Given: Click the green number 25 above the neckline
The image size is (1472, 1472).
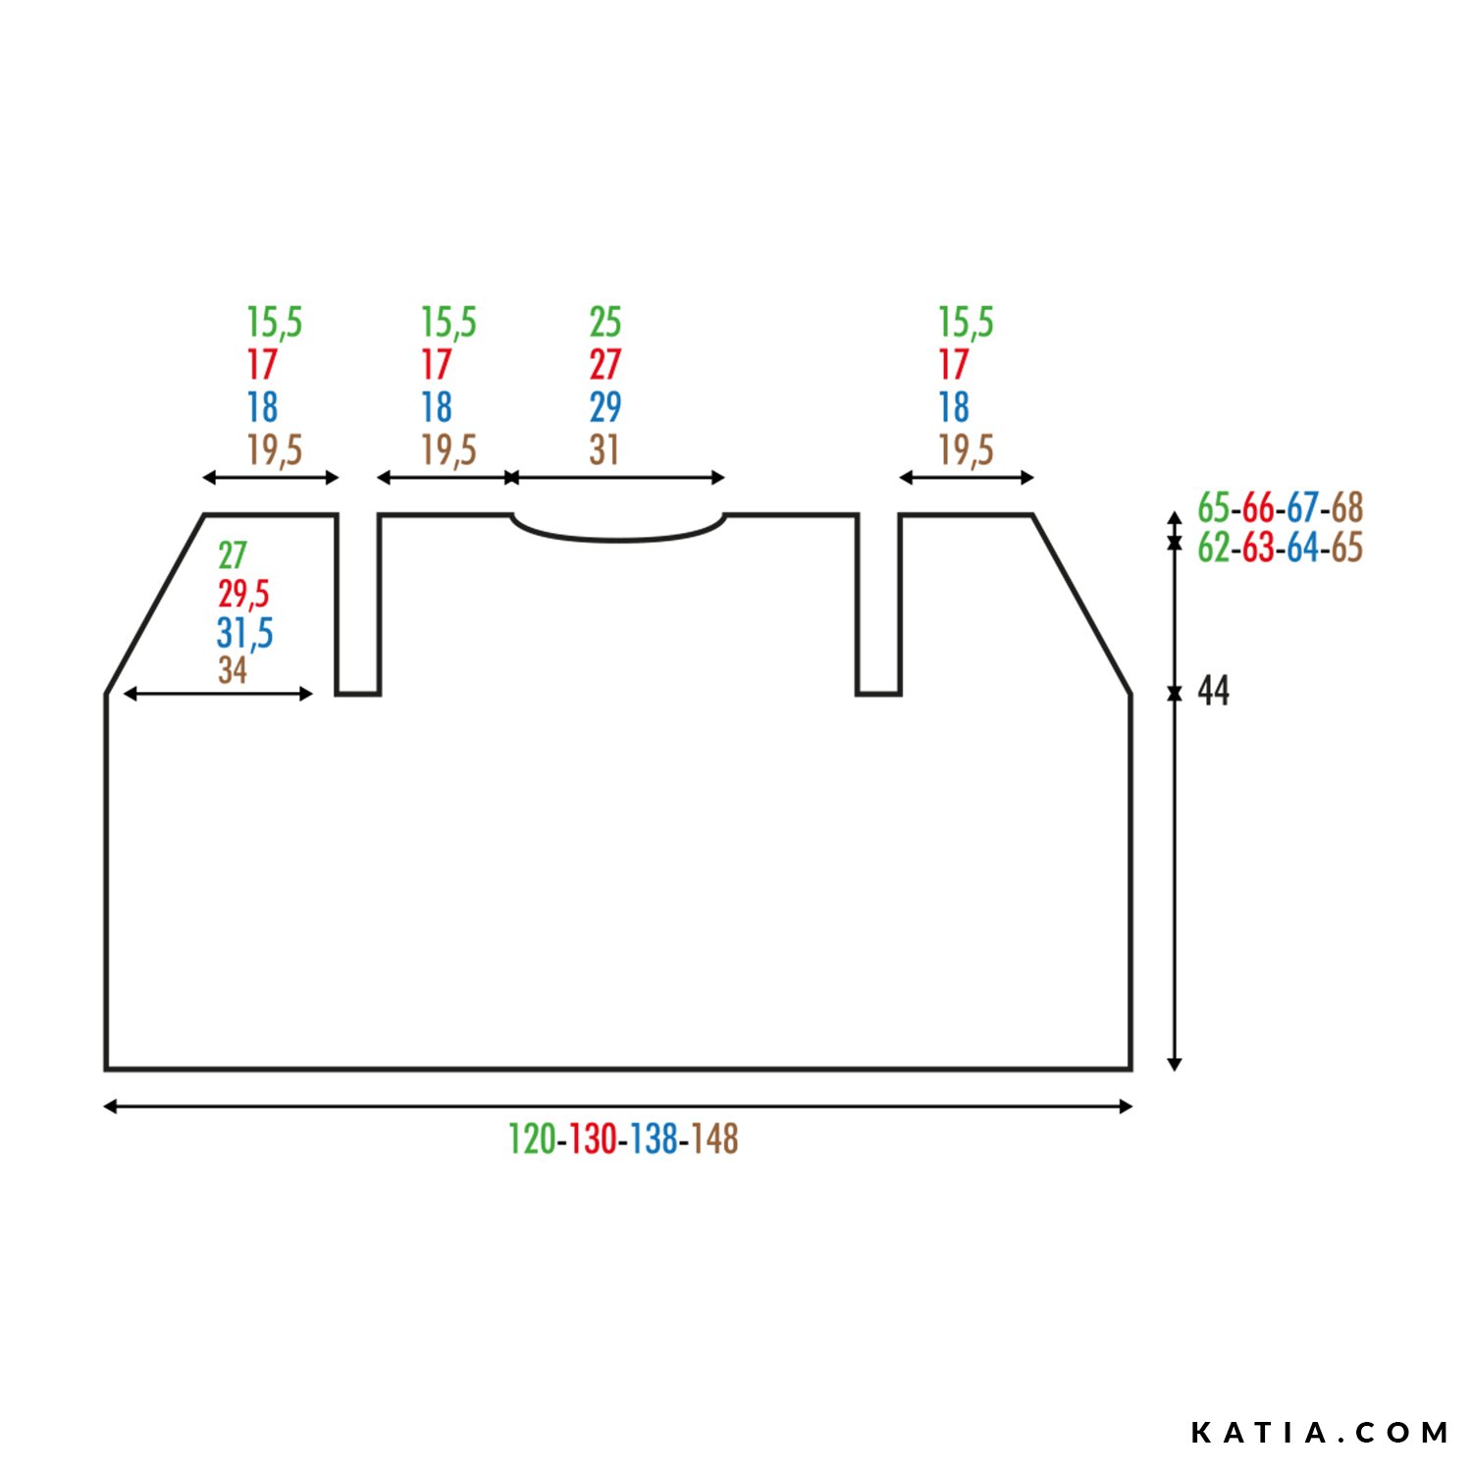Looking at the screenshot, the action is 605,322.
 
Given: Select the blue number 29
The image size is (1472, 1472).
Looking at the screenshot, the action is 605,407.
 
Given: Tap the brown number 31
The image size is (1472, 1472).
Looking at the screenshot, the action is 605,450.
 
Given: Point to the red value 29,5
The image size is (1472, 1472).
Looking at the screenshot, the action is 243,594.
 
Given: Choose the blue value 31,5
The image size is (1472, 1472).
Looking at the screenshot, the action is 244,633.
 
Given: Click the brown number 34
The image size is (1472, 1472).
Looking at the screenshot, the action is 233,670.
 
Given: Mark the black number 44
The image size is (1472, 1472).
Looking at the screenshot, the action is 1214,692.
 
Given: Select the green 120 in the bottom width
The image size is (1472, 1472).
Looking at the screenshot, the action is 532,1139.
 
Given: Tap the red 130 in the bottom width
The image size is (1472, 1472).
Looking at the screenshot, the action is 593,1139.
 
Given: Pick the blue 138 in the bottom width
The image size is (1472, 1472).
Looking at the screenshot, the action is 654,1139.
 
